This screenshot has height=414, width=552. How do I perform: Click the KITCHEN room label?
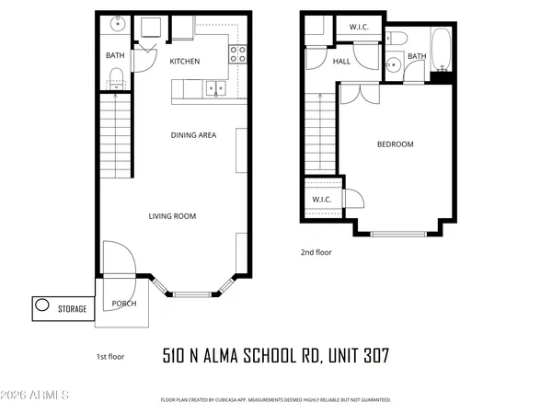tap(185, 61)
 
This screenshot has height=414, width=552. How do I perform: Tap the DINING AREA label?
tap(193, 135)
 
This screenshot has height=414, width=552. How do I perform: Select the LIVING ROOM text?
tap(173, 216)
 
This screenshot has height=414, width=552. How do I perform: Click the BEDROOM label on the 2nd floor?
tap(395, 144)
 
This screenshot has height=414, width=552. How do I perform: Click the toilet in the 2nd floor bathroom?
tap(397, 38)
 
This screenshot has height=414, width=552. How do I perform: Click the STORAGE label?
tap(73, 309)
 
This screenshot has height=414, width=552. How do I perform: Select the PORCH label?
tap(123, 304)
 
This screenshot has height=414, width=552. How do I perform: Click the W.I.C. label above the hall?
tap(359, 28)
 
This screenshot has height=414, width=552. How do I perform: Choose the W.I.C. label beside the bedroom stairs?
tap(322, 200)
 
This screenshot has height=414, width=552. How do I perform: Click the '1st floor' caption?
tap(110, 356)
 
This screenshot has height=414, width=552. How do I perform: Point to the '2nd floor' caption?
tap(316, 252)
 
